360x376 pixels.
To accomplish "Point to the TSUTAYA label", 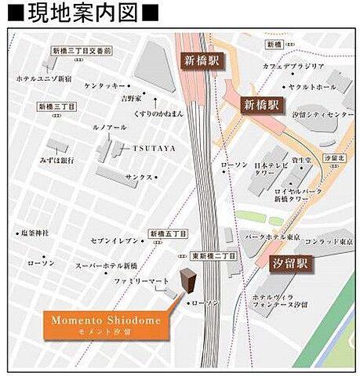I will coord(154,147).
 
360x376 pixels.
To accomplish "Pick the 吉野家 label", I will coord(130,99).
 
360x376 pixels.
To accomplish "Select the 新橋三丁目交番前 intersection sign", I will coord(82,51).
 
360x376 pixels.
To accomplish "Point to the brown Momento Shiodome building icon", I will coord(188,281).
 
